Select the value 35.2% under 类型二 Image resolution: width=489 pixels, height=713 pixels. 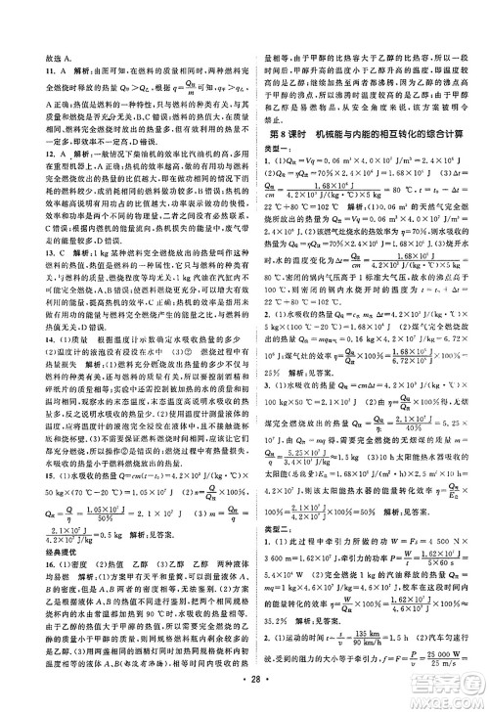coord(279,619)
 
